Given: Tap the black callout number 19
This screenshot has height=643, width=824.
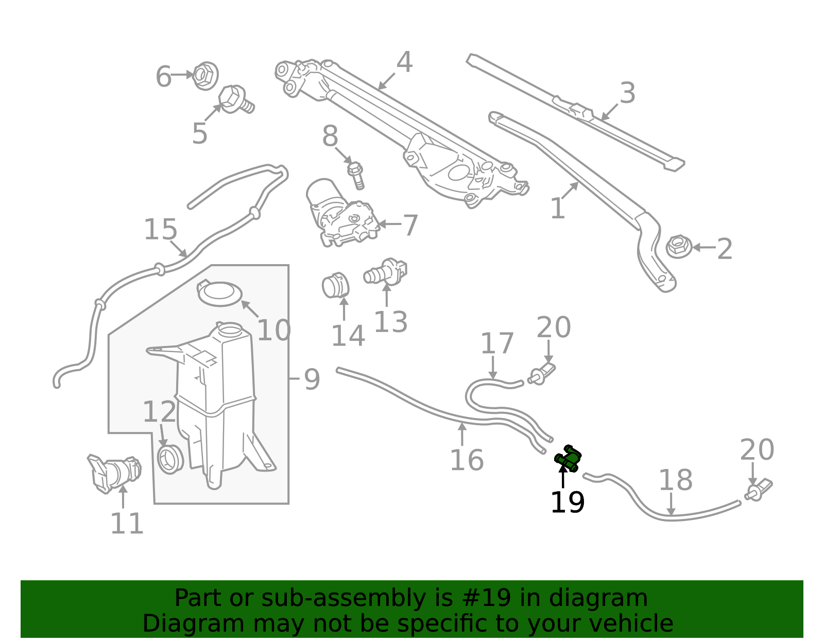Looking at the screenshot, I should (567, 503).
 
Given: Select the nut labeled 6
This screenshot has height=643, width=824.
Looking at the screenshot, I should (205, 76).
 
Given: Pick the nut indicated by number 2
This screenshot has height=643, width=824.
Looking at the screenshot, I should (678, 247).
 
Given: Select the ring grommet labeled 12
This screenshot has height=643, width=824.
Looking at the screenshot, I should (170, 459).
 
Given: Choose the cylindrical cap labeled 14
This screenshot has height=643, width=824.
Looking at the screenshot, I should (335, 285).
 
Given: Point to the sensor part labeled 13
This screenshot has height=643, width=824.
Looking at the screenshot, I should (386, 272).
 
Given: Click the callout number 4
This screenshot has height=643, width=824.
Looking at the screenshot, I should (404, 62).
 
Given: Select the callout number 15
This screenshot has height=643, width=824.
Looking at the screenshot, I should (161, 230).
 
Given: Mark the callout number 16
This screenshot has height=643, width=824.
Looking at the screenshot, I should (467, 460).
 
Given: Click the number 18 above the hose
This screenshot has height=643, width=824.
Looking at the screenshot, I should (675, 480).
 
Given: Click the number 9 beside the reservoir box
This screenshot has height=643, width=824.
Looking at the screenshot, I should (312, 380).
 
